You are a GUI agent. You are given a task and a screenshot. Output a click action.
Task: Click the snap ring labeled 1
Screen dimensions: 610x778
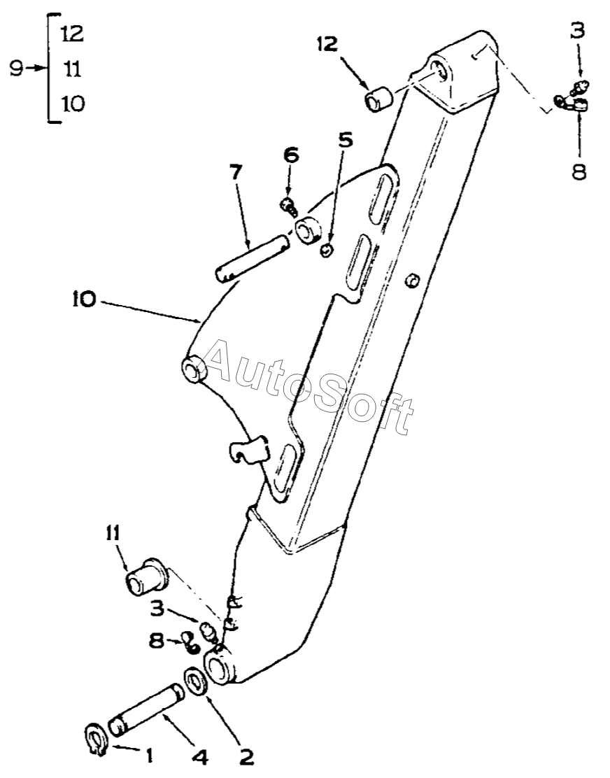point(96,741)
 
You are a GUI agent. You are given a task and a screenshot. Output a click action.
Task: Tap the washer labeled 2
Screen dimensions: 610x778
point(197,681)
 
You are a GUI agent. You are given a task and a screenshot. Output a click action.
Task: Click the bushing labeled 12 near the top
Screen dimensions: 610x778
point(379,98)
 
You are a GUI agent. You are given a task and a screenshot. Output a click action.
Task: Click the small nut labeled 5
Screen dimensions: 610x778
point(326,250)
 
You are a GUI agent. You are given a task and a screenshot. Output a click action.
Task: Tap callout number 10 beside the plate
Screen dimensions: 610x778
point(85,300)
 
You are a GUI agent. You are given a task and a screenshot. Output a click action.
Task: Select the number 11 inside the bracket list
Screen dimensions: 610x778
point(73,69)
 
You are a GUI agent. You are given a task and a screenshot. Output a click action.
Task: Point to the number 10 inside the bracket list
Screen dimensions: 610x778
point(73,104)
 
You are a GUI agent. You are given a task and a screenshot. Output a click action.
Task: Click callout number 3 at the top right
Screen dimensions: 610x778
point(576,31)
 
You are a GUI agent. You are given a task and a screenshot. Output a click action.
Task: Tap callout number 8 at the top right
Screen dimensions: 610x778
point(579,171)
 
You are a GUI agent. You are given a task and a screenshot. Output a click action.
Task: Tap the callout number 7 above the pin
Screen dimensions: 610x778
point(236,172)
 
